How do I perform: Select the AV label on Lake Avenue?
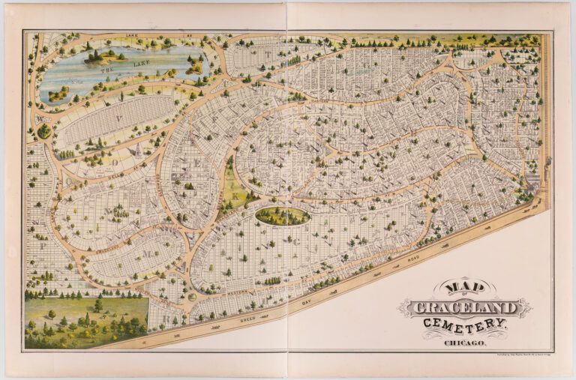164,35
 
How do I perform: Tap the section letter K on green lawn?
235,196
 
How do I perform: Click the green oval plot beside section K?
282,217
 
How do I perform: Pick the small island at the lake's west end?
58,94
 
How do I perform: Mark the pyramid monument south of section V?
139,151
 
